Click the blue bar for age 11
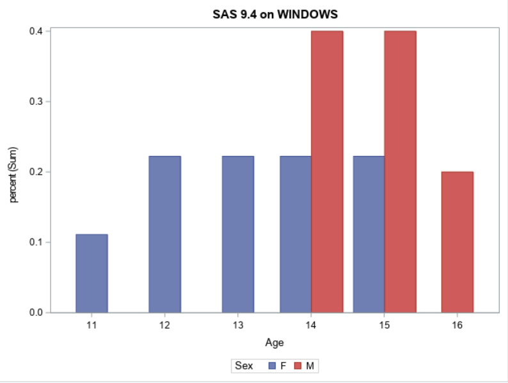click(x=91, y=273)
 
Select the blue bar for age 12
click(x=165, y=234)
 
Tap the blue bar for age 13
click(x=238, y=234)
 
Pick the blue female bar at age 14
click(x=296, y=234)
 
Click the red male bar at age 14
click(x=327, y=171)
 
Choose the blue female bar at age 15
click(x=369, y=234)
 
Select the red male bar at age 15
click(x=400, y=171)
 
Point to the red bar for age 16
click(x=457, y=242)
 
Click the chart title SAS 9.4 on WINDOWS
click(x=275, y=14)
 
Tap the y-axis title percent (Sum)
click(x=13, y=175)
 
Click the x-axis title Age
click(x=274, y=343)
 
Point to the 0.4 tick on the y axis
click(x=36, y=31)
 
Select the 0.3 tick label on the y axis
click(x=36, y=102)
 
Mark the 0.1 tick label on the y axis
click(x=36, y=242)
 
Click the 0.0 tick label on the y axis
click(x=36, y=313)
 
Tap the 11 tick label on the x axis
click(x=91, y=325)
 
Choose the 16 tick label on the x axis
click(x=457, y=325)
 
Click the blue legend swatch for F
click(x=271, y=366)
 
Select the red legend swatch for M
click(x=298, y=366)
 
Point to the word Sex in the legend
click(x=244, y=366)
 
